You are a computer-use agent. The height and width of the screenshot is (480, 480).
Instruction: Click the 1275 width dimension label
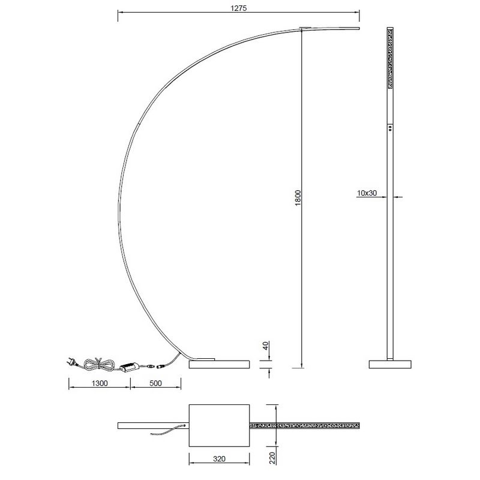(x=238, y=8)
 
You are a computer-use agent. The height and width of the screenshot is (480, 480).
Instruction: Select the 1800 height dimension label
(x=298, y=198)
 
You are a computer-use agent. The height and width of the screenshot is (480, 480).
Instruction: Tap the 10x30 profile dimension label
(x=367, y=193)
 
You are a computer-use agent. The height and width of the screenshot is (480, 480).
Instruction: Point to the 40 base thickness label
(x=265, y=346)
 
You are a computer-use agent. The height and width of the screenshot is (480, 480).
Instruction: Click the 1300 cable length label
(x=100, y=383)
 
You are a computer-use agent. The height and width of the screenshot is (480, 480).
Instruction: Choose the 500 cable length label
(x=155, y=383)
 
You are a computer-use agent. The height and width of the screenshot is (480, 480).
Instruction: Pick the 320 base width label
(x=219, y=458)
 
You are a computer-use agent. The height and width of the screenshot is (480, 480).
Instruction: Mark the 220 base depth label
(x=272, y=458)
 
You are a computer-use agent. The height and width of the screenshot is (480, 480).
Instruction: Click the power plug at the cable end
(x=71, y=362)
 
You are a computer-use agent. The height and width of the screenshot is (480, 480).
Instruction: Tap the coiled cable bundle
(x=99, y=364)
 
